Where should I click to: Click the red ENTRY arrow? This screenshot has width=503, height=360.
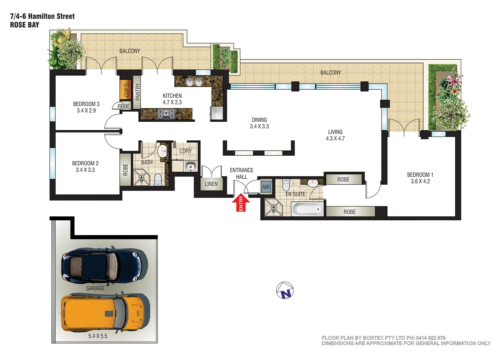[x=241, y=203]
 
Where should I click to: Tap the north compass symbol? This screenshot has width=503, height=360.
[x=285, y=290]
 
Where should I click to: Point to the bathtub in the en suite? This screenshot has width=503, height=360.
[x=307, y=209]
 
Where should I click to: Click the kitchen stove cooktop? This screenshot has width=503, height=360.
[x=166, y=114]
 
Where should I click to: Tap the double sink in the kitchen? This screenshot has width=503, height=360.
[x=194, y=82]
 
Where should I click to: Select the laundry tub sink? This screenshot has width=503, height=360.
[x=191, y=165]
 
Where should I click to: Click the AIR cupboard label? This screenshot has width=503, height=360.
[x=266, y=187]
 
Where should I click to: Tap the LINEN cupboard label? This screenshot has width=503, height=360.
[x=211, y=184]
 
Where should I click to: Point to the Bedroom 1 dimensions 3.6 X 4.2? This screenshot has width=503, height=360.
[x=420, y=181]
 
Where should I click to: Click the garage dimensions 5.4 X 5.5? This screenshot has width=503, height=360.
[x=98, y=336]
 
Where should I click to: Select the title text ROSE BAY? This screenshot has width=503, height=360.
[x=25, y=25]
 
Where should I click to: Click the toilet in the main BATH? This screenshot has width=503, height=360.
[x=158, y=180]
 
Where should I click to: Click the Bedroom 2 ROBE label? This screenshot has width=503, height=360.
[x=125, y=169]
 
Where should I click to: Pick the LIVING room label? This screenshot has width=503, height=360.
[x=335, y=132]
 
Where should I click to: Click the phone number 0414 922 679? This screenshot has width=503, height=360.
[x=430, y=338]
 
